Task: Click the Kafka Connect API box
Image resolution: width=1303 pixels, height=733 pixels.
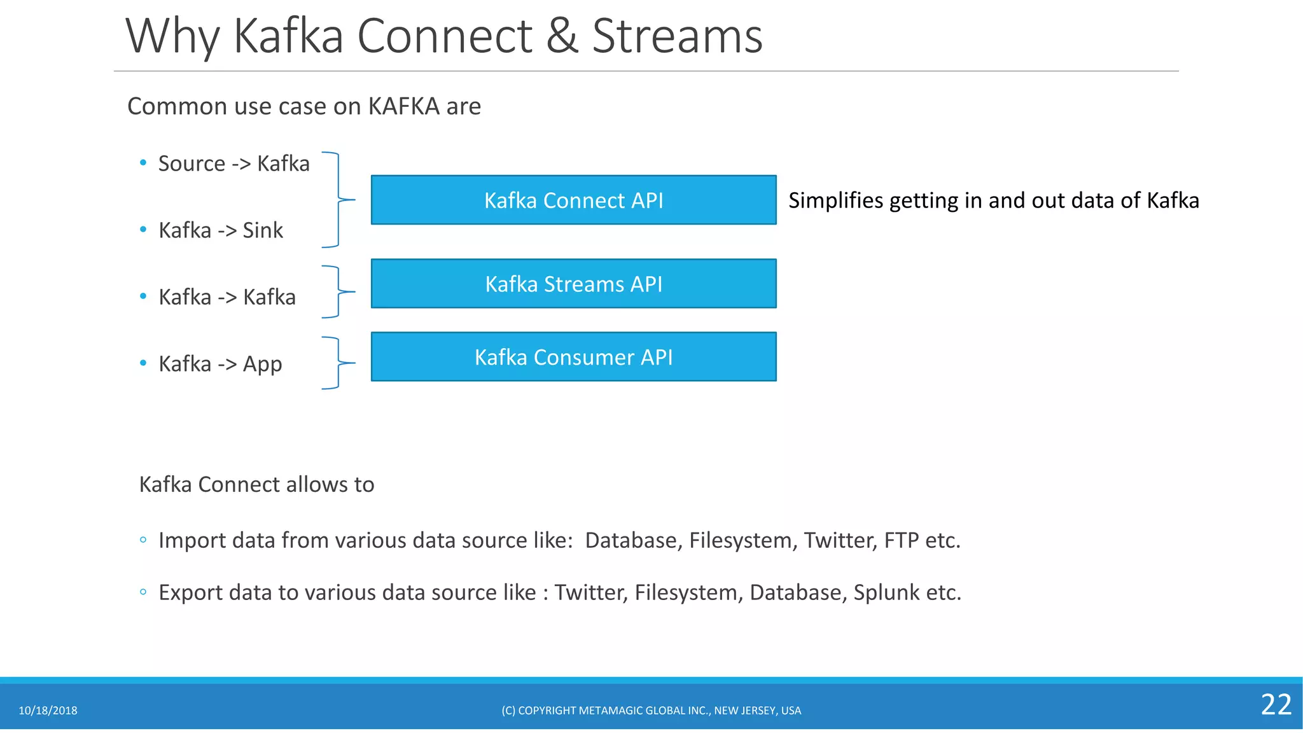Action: pyautogui.click(x=573, y=200)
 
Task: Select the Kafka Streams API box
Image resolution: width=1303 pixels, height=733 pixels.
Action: pyautogui.click(x=573, y=284)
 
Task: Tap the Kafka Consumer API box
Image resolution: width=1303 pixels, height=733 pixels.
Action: pyautogui.click(x=573, y=357)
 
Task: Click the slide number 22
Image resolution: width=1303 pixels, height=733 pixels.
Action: pyautogui.click(x=1276, y=705)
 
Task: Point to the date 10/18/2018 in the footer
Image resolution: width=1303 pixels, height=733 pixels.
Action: pyautogui.click(x=48, y=711)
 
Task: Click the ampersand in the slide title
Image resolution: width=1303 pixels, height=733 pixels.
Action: pyautogui.click(x=562, y=36)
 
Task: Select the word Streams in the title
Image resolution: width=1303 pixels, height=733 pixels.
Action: pyautogui.click(x=677, y=36)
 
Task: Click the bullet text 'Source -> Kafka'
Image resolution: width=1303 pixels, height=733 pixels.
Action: pyautogui.click(x=233, y=164)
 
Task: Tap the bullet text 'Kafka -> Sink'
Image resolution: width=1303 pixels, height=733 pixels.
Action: pyautogui.click(x=220, y=230)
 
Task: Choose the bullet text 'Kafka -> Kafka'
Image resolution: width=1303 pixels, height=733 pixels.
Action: pyautogui.click(x=226, y=297)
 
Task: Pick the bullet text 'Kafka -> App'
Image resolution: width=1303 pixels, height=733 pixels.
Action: pyautogui.click(x=220, y=364)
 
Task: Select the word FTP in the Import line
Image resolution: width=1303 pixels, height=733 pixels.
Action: pyautogui.click(x=901, y=540)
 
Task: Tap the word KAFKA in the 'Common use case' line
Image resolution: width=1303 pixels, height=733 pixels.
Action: pyautogui.click(x=403, y=106)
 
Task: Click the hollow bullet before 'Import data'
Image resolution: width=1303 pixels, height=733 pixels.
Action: pyautogui.click(x=143, y=540)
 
